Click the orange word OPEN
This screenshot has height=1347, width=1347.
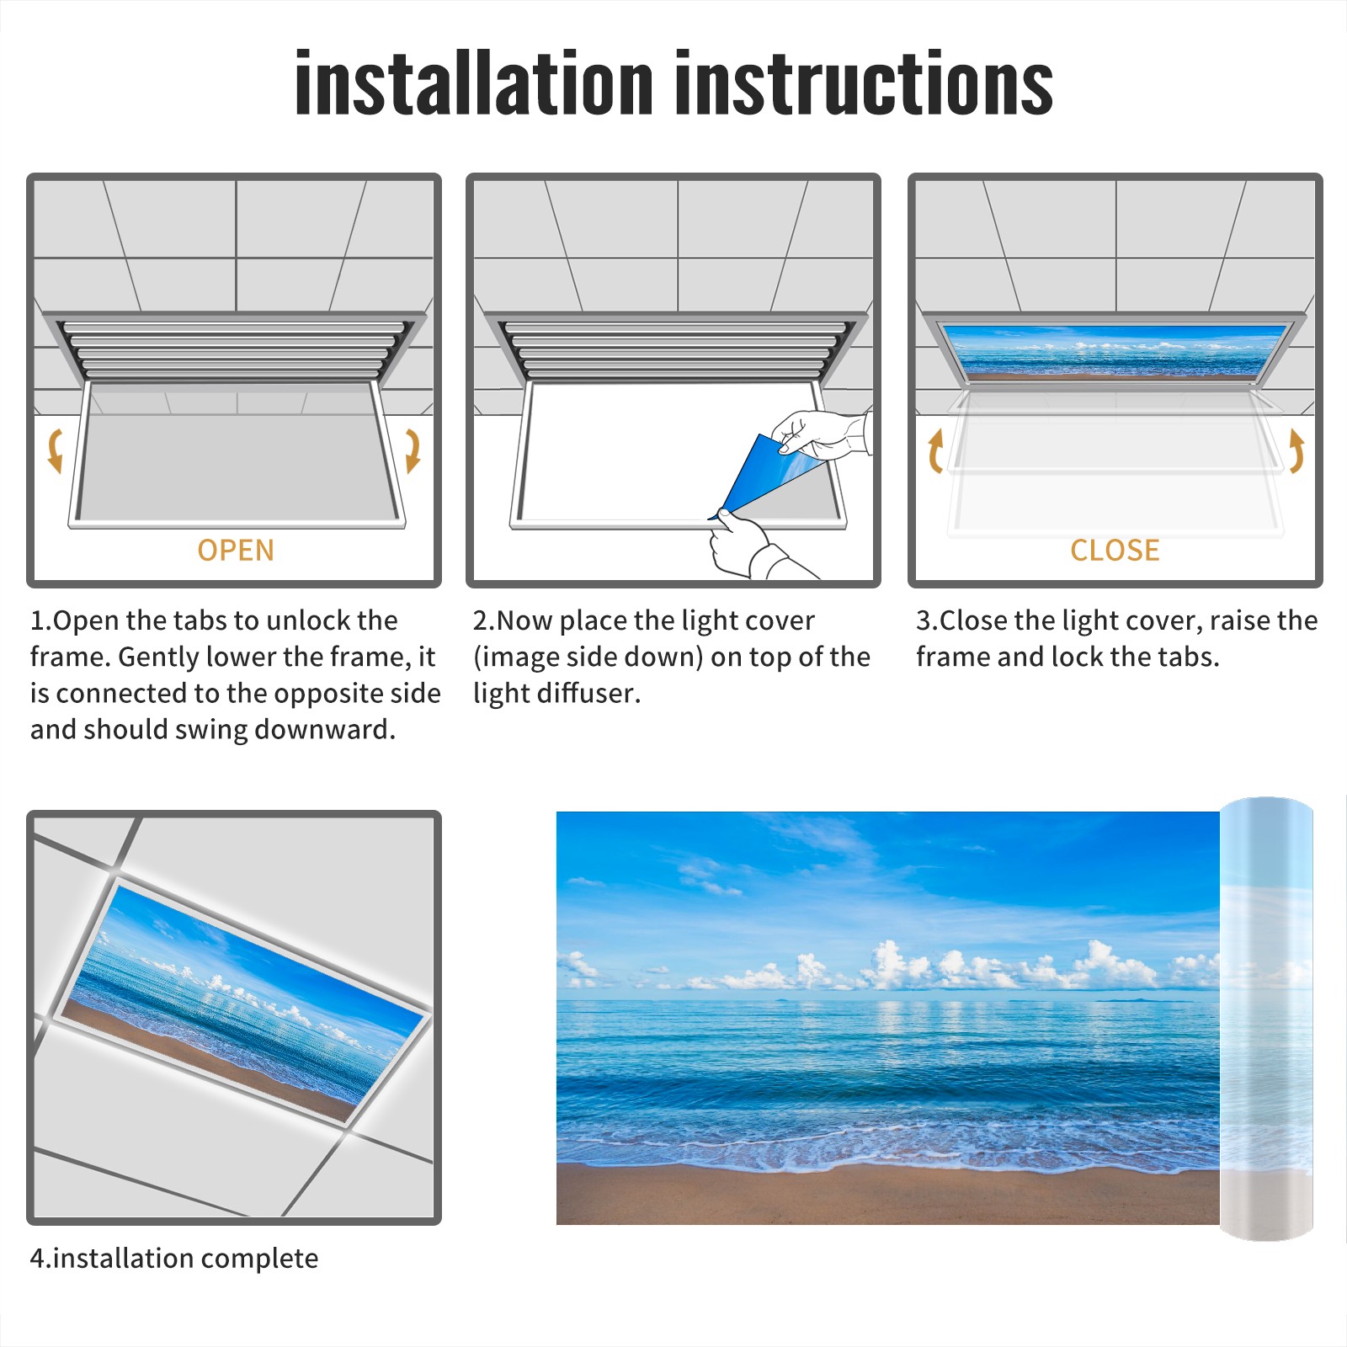(x=236, y=551)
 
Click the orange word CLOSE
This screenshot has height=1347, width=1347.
(x=1115, y=551)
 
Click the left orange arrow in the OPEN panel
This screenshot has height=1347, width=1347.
(x=54, y=450)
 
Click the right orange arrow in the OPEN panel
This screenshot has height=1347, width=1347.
(x=413, y=450)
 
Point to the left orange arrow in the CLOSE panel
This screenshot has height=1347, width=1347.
(x=935, y=450)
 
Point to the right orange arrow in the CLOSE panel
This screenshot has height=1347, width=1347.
(x=1296, y=450)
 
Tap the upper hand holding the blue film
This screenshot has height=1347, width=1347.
(x=821, y=434)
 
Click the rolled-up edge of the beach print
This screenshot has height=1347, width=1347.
(x=1266, y=1019)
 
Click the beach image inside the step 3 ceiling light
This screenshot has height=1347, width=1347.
(x=1115, y=349)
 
